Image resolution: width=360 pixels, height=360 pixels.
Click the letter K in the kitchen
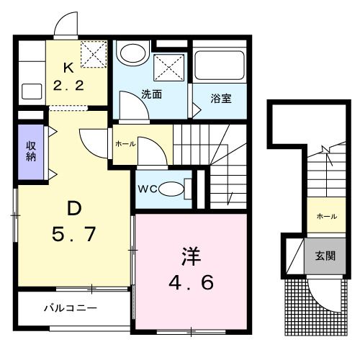tap(68, 69)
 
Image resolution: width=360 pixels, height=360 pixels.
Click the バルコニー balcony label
tap(70, 307)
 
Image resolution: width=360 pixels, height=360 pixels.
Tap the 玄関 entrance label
tap(324, 255)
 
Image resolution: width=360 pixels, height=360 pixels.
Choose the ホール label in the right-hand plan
tap(325, 215)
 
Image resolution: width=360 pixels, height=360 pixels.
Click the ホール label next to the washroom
tap(125, 143)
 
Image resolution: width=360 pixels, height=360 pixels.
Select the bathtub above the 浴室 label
tap(220, 68)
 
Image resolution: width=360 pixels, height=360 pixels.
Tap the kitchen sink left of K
tap(32, 91)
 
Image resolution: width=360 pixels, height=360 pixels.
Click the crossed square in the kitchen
tap(92, 53)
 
